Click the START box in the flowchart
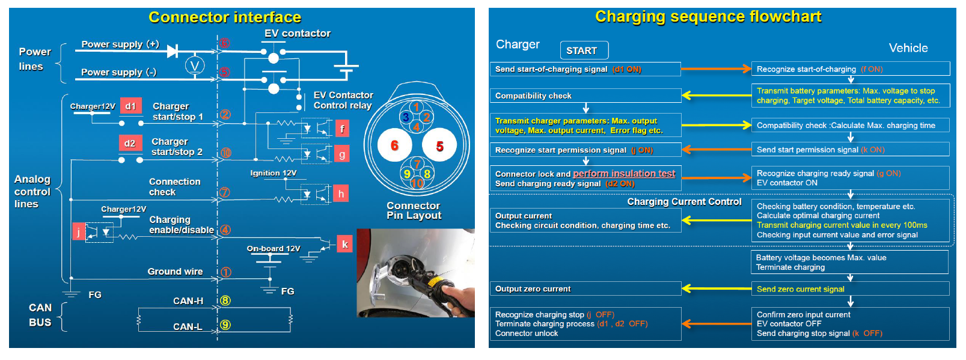click(584, 50)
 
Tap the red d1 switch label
click(131, 106)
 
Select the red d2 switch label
click(130, 144)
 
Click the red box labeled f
click(342, 129)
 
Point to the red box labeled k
click(344, 244)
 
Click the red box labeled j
click(79, 232)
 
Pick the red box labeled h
click(341, 194)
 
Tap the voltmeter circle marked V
click(195, 66)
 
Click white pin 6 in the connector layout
click(394, 145)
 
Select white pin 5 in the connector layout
click(439, 145)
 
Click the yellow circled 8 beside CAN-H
click(225, 301)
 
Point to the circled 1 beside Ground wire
click(225, 272)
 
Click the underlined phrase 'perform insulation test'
click(624, 173)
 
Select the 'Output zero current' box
click(585, 288)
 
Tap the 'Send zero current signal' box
click(850, 288)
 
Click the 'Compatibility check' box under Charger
click(585, 96)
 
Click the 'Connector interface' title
click(225, 17)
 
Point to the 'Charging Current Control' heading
click(685, 202)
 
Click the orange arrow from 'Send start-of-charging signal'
click(716, 69)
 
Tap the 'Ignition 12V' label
click(274, 173)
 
